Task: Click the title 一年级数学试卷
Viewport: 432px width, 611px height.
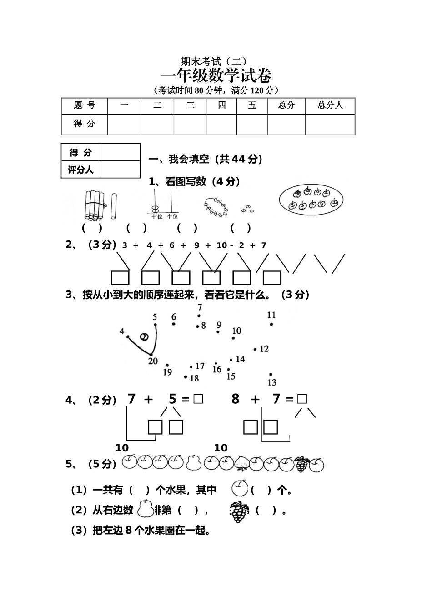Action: [x=216, y=75]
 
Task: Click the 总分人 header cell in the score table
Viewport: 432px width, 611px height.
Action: [x=330, y=105]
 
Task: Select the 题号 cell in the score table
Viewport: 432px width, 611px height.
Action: [x=85, y=105]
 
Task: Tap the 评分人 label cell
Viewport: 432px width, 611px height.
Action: [x=80, y=170]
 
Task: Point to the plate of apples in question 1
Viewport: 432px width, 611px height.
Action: [x=311, y=199]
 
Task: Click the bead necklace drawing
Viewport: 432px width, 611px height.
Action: [x=216, y=207]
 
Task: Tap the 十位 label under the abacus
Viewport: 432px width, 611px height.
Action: [x=157, y=217]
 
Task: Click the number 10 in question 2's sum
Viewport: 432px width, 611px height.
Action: [x=221, y=245]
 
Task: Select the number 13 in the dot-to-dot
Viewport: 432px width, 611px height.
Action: [x=272, y=382]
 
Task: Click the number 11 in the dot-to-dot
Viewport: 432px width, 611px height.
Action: [x=271, y=315]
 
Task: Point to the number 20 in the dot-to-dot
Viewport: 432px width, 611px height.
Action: [x=153, y=361]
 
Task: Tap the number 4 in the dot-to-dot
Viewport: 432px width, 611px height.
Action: [x=122, y=331]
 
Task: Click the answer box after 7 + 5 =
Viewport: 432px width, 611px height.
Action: [x=198, y=399]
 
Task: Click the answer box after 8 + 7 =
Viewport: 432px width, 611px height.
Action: [x=302, y=399]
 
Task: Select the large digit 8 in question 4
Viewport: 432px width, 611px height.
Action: [x=235, y=399]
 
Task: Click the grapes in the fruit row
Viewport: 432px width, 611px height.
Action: [x=301, y=464]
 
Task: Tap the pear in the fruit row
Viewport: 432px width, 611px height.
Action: [x=193, y=462]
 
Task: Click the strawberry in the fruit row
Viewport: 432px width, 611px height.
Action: [x=241, y=463]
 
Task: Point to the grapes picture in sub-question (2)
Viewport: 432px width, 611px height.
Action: [x=239, y=512]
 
